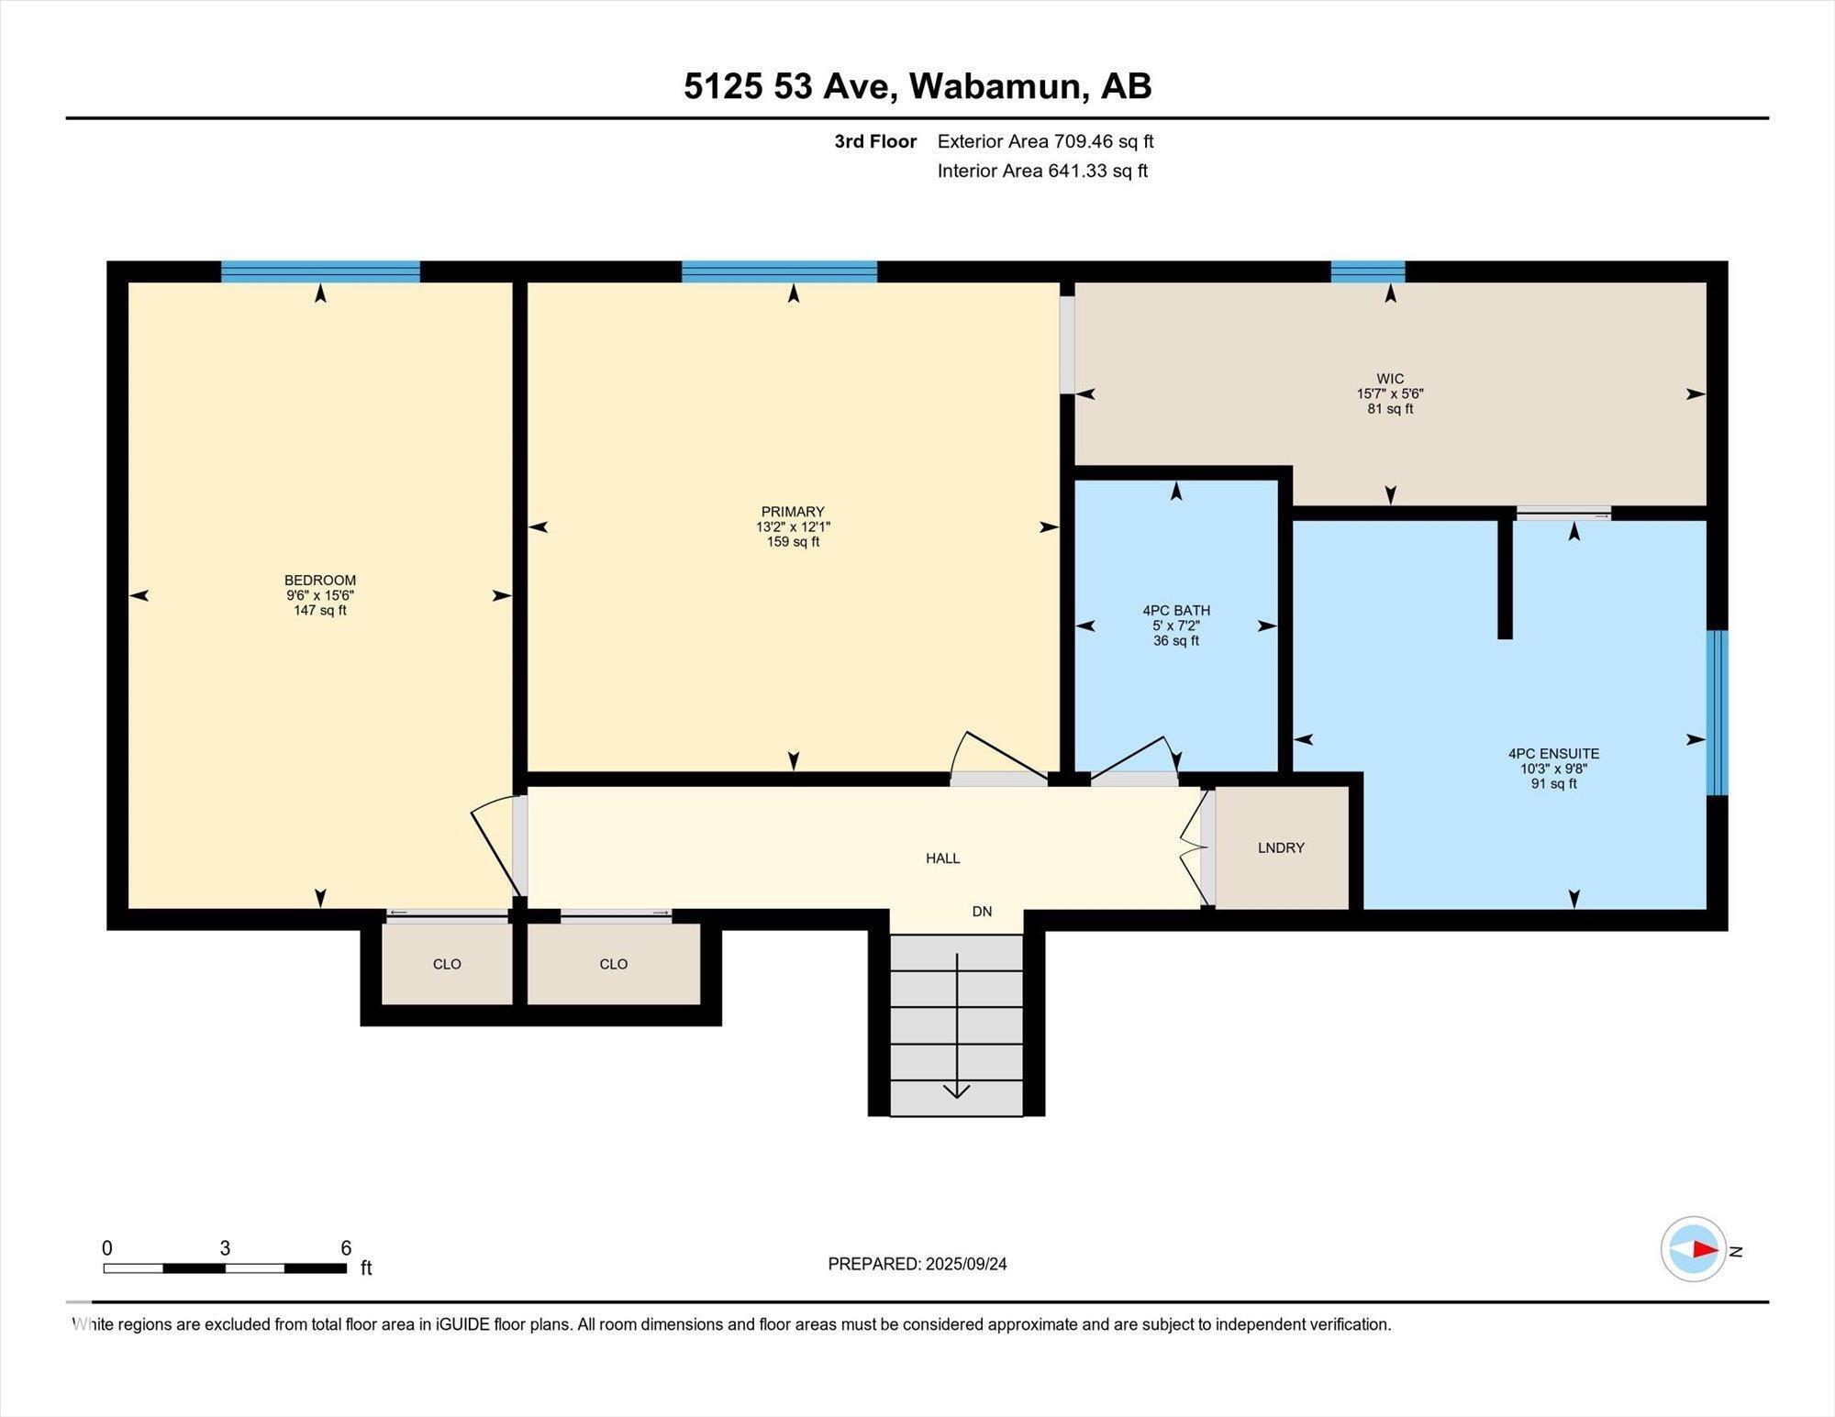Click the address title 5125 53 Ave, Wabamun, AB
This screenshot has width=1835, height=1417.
tap(917, 86)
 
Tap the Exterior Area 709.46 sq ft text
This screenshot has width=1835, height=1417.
tap(1045, 141)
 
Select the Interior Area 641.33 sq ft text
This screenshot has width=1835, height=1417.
tap(1042, 171)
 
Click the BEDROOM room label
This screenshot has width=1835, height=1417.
tap(319, 581)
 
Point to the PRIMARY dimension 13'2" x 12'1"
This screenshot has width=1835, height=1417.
tap(793, 527)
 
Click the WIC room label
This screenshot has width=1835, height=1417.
tap(1390, 379)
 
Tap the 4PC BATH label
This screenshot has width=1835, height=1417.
tap(1175, 611)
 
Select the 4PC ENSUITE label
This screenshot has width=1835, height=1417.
tap(1553, 754)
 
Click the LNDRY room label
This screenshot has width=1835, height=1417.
tap(1281, 848)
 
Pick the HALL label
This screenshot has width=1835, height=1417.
tap(942, 858)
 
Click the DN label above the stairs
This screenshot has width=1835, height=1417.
tap(982, 912)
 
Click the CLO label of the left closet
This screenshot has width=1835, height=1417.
tap(447, 964)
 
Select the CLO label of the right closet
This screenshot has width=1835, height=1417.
tap(613, 964)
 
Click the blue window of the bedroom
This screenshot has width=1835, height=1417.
tap(320, 271)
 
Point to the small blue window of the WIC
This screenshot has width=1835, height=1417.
tap(1367, 271)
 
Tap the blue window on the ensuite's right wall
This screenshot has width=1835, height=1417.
tap(1717, 713)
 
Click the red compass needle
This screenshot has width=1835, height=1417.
tap(1705, 1249)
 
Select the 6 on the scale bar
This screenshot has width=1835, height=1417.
tap(346, 1248)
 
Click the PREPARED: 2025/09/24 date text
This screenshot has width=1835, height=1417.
tap(917, 1264)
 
